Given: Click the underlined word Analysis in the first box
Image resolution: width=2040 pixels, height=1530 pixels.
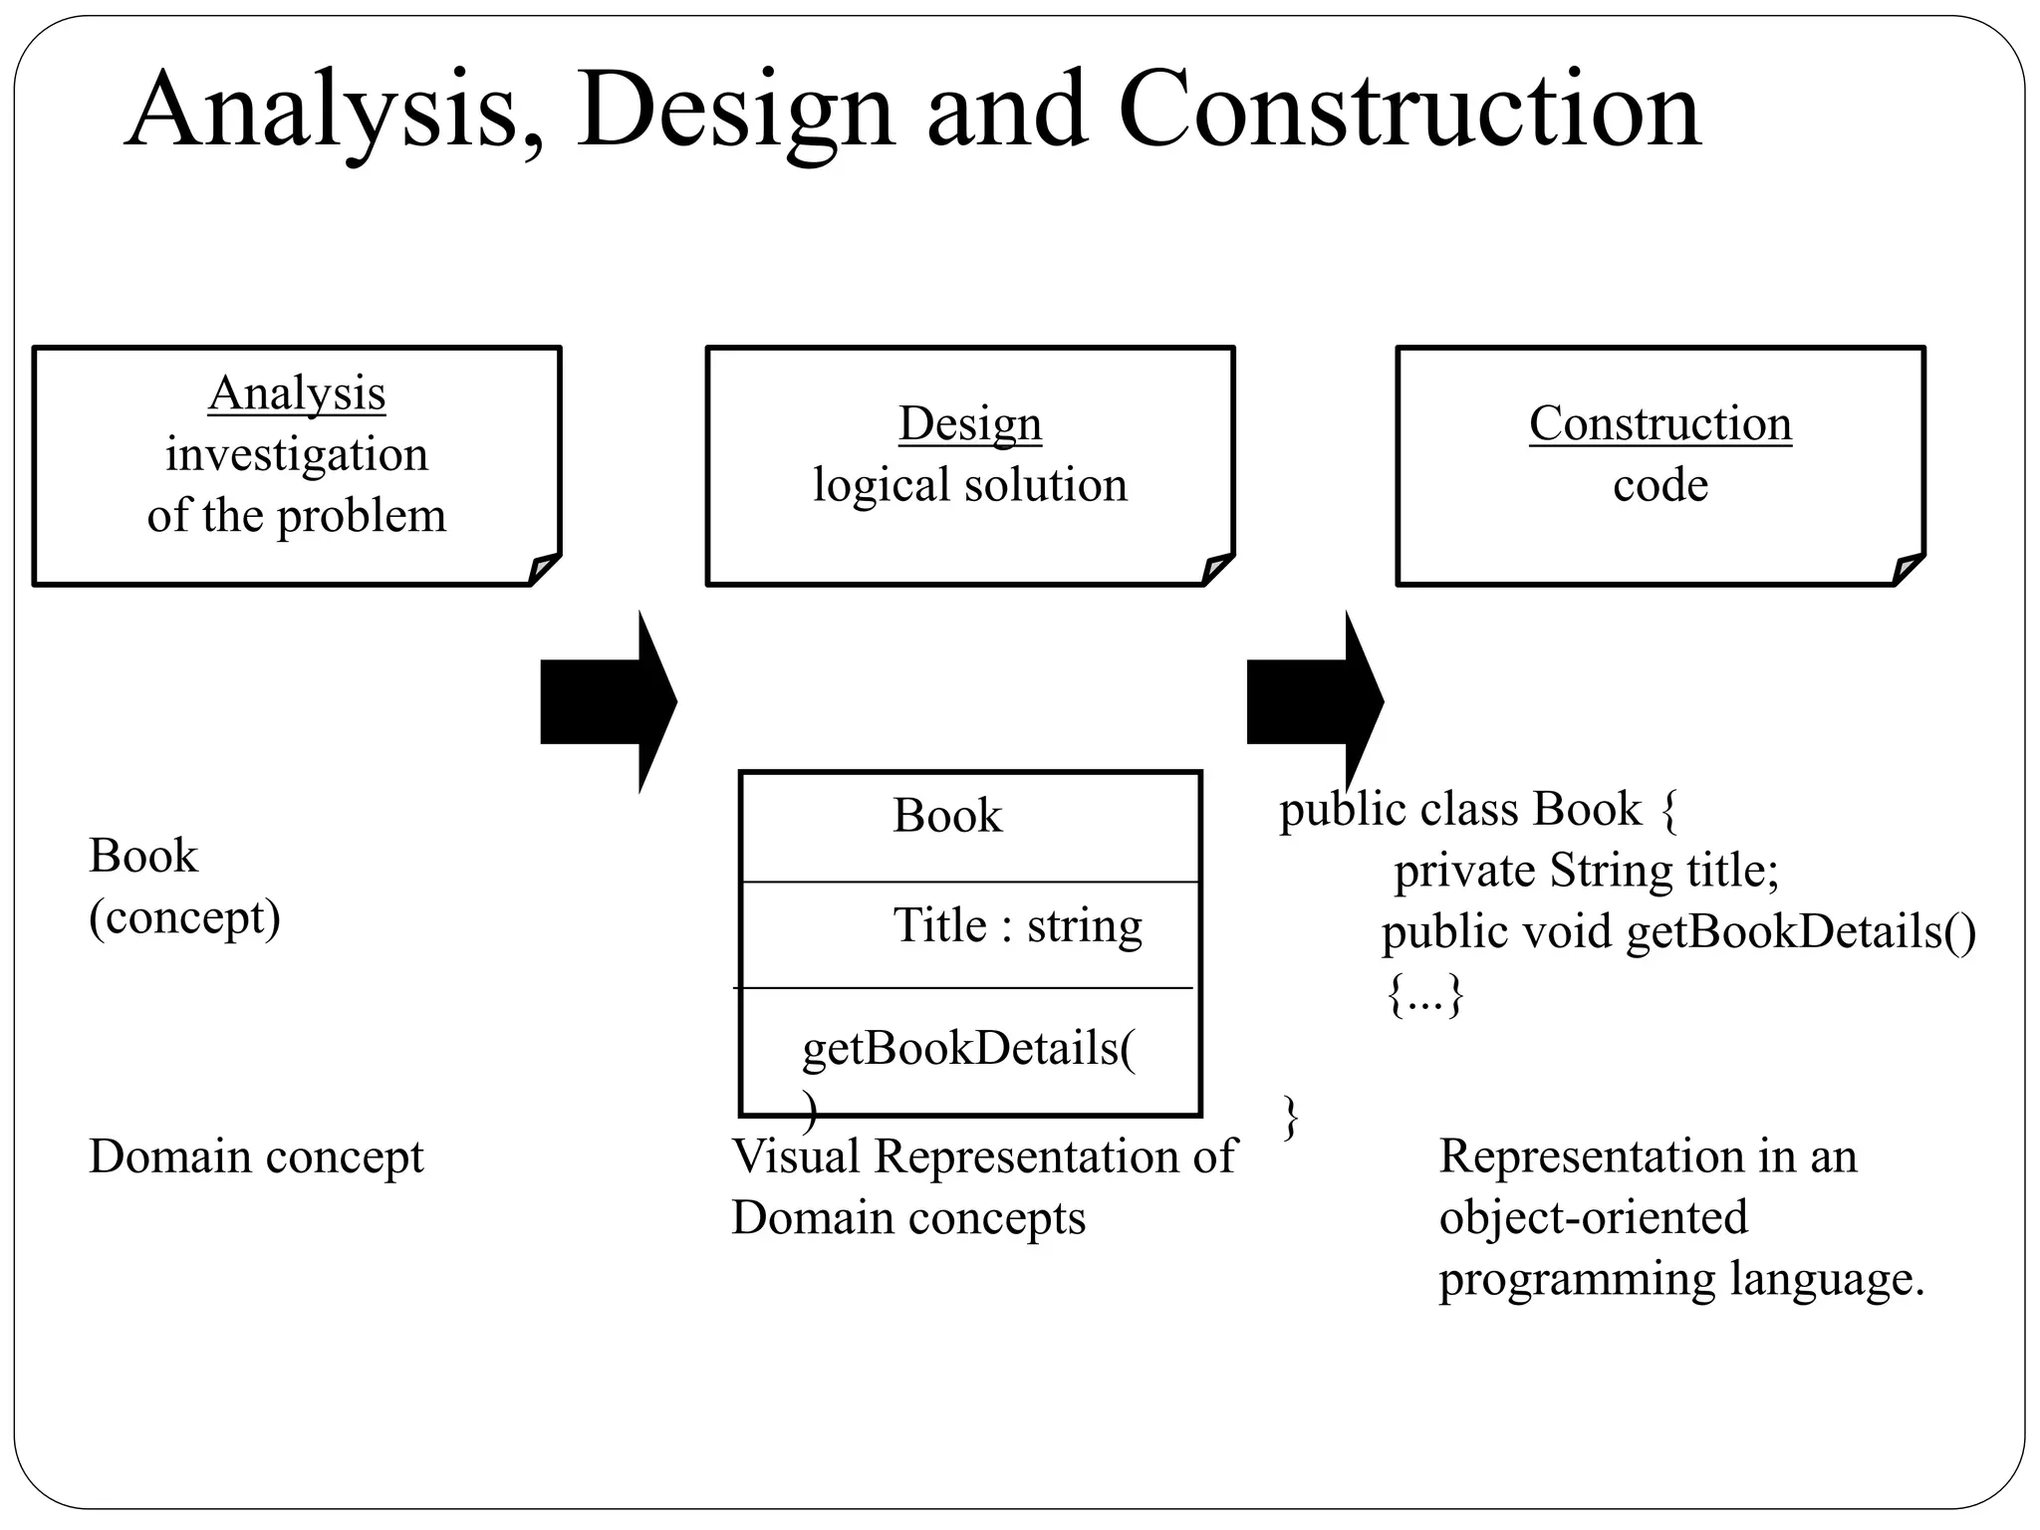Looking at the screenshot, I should coord(297,393).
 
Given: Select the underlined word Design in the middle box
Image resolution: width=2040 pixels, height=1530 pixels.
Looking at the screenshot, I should coord(969,423).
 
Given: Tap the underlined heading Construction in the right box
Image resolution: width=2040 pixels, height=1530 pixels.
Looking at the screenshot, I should coord(1659,423).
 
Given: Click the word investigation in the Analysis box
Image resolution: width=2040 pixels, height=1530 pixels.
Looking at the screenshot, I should coord(297,455).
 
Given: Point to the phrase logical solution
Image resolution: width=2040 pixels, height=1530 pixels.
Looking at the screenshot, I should coord(969,485).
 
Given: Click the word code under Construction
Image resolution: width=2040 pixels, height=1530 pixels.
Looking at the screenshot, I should coord(1659,485).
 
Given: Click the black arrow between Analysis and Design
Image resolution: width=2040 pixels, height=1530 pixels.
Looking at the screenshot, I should coord(608,701).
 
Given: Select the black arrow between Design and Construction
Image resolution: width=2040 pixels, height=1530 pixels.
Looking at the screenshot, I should coord(1314,701).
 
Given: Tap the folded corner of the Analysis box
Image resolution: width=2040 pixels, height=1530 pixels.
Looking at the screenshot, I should coord(545,569).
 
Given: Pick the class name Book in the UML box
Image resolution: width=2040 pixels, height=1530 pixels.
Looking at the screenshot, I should coord(946,816).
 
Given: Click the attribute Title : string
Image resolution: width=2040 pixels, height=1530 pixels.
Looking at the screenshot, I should coord(1016,925).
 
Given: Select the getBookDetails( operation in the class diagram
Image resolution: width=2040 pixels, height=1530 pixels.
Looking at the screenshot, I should coord(968,1049).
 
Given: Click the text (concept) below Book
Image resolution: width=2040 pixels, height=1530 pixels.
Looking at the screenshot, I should coord(184,917).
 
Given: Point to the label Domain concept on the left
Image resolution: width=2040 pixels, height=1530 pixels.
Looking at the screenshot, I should coord(256,1156).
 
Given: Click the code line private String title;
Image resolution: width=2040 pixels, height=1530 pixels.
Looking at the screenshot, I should coord(1585,871).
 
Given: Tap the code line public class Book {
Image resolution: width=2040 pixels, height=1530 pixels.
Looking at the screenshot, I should coord(1478,809).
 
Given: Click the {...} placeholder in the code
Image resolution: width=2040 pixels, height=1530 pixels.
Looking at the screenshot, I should coord(1425,994).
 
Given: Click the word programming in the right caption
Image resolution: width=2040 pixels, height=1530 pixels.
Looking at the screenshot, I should coord(1577,1279).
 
